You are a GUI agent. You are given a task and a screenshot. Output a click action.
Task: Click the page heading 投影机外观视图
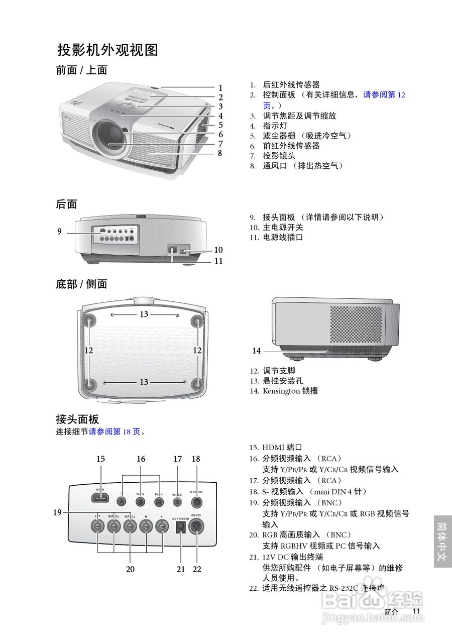[108, 50]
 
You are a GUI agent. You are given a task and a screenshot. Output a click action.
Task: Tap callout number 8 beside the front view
[220, 154]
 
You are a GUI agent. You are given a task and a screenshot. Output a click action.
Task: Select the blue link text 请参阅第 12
[384, 95]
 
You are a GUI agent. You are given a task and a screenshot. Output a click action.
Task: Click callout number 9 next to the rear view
[59, 232]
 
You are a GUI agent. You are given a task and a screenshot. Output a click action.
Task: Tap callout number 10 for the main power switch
[218, 250]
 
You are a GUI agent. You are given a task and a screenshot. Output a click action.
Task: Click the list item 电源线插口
[283, 237]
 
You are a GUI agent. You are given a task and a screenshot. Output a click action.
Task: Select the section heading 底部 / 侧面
[81, 284]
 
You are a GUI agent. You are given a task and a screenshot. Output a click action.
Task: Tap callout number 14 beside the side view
[257, 351]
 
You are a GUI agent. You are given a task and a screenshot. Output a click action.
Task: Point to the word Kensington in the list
[281, 391]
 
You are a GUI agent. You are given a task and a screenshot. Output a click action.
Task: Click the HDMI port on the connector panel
[100, 498]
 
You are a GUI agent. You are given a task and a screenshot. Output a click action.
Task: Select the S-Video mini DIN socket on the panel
[196, 500]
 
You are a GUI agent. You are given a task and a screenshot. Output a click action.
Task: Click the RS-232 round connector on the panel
[197, 527]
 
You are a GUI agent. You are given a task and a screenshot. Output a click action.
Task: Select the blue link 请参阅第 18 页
[115, 431]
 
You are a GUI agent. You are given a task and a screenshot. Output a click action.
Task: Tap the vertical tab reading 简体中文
[442, 541]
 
